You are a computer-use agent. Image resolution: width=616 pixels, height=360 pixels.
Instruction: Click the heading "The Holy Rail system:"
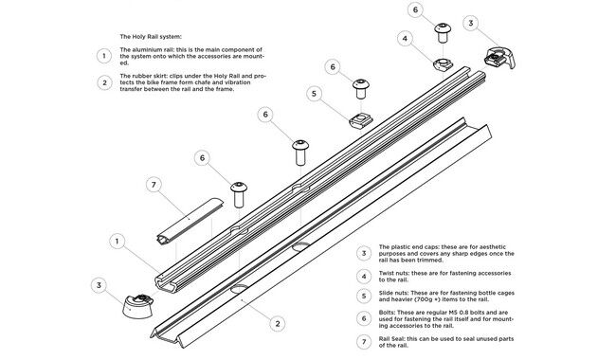[x=151, y=37]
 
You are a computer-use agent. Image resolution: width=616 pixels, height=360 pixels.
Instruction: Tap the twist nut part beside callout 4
[x=443, y=63]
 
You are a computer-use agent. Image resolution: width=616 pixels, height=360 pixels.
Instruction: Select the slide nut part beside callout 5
[x=361, y=120]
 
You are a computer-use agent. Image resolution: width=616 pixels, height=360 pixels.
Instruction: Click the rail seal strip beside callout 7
[x=190, y=222]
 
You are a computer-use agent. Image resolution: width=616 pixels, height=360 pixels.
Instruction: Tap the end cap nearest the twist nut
[x=499, y=58]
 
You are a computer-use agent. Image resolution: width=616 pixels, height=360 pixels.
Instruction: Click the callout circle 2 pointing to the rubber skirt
[x=278, y=323]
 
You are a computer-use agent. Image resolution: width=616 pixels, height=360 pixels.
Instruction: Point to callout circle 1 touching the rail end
[x=117, y=241]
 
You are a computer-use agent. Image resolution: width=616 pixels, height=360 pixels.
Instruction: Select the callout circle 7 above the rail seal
[x=154, y=185]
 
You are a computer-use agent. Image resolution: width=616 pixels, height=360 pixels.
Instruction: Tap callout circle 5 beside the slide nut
[x=314, y=94]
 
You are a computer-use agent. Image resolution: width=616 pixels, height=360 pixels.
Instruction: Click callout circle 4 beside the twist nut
[x=405, y=39]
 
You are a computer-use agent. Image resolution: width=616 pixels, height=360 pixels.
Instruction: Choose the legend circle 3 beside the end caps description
[x=364, y=253]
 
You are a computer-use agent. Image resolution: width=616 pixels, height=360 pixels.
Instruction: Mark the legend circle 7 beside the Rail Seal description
[x=364, y=342]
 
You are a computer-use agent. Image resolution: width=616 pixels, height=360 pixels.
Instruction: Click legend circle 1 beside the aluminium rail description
[x=104, y=56]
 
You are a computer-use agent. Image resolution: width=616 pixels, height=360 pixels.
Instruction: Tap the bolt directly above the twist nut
[x=443, y=33]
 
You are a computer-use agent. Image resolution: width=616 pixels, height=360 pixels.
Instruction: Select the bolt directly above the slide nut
[x=361, y=89]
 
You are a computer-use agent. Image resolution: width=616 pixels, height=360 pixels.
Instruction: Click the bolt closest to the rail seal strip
[x=239, y=194]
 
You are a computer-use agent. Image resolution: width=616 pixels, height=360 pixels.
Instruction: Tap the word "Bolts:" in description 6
[x=387, y=313]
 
